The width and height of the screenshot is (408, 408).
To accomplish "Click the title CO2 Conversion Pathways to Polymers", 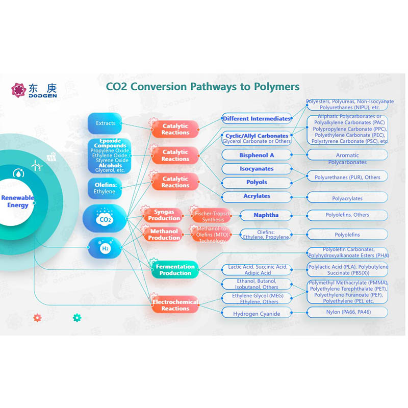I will [202, 86].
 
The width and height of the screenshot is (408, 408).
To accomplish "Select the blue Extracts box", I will [105, 123].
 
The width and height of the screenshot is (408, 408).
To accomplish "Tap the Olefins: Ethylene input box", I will [105, 187].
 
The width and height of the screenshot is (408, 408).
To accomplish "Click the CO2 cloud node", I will [105, 218].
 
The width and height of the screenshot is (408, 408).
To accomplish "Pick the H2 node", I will [105, 248].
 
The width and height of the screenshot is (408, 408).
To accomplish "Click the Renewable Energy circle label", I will [17, 201].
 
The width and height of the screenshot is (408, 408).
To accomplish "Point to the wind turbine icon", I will [36, 165].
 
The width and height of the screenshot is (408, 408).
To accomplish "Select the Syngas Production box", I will [164, 215].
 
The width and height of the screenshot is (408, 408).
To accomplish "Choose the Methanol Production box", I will [164, 234].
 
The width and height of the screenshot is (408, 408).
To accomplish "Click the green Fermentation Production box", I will [175, 270].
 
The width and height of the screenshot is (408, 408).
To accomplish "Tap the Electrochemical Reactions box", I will [175, 305].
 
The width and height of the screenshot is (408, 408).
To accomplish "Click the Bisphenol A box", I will [257, 155].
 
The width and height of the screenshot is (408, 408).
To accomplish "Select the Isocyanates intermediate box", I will [257, 169].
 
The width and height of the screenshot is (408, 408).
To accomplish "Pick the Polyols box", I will [257, 182].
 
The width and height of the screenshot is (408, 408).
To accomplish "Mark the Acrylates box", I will [257, 196].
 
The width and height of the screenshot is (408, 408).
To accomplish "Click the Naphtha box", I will [266, 215].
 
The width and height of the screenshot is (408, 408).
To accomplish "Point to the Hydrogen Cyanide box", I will [257, 313].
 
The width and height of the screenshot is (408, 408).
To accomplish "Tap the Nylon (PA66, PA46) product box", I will [347, 312].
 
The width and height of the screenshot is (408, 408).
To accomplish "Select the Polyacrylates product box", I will [347, 198].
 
